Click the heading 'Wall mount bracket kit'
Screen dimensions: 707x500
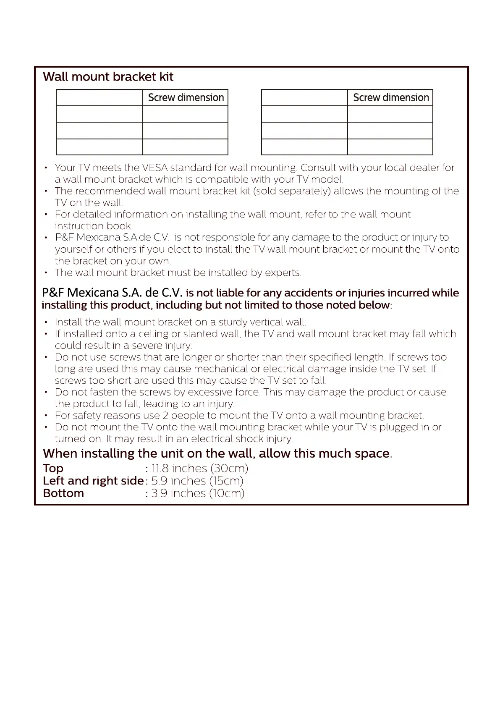108,77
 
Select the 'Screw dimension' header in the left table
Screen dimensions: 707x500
186,97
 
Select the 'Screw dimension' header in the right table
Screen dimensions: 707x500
391,97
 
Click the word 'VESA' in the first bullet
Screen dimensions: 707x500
154,168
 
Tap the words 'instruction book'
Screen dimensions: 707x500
93,226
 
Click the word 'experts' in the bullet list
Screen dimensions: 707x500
283,273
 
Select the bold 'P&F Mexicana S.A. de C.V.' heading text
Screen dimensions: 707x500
112,293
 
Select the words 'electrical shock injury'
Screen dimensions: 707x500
242,439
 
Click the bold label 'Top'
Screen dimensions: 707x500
53,469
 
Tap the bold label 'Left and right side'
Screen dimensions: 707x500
93,481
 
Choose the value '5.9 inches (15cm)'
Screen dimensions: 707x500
197,481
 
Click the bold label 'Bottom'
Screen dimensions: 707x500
63,493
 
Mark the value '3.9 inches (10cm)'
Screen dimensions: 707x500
198,493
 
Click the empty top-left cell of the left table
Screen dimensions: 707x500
99,97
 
